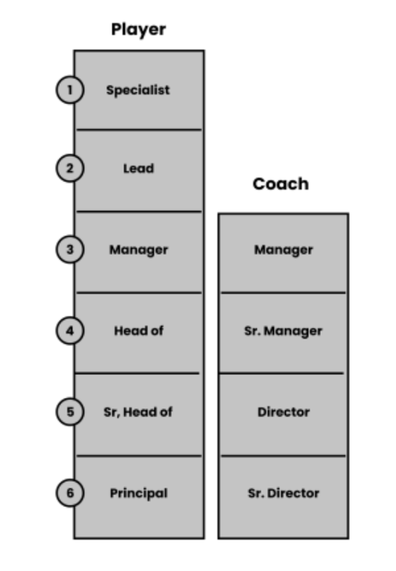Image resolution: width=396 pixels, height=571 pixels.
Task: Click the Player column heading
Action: coord(139,30)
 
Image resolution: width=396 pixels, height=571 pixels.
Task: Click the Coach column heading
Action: coord(280,184)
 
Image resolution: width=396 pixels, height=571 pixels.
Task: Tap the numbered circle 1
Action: coord(69,90)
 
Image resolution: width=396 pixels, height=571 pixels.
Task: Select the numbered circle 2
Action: coord(69,168)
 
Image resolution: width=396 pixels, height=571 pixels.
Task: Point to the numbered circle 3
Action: coord(69,250)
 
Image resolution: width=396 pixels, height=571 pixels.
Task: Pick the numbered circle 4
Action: coord(69,331)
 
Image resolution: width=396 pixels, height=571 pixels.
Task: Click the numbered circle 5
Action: coord(69,411)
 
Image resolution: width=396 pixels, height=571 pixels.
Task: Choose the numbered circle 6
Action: coord(69,492)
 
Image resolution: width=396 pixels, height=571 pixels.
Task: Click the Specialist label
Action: coord(138,90)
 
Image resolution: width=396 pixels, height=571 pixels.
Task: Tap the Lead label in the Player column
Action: coord(139,168)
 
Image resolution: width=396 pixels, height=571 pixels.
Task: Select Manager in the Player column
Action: coord(139,250)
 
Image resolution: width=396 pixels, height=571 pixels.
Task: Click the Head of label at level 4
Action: coord(139,331)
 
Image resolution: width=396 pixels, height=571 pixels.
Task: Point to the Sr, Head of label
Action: coord(138,412)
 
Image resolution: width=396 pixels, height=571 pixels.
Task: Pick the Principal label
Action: coord(139,493)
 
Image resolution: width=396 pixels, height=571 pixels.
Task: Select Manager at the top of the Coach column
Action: coord(283,250)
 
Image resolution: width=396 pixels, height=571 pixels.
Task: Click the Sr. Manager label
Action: coord(283,331)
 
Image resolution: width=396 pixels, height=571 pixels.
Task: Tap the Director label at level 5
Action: coord(283,412)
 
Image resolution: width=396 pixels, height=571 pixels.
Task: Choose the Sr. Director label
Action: coord(283,493)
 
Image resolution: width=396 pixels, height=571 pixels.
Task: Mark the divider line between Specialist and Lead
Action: coord(139,129)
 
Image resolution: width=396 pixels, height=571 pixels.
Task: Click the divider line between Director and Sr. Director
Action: coord(283,455)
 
